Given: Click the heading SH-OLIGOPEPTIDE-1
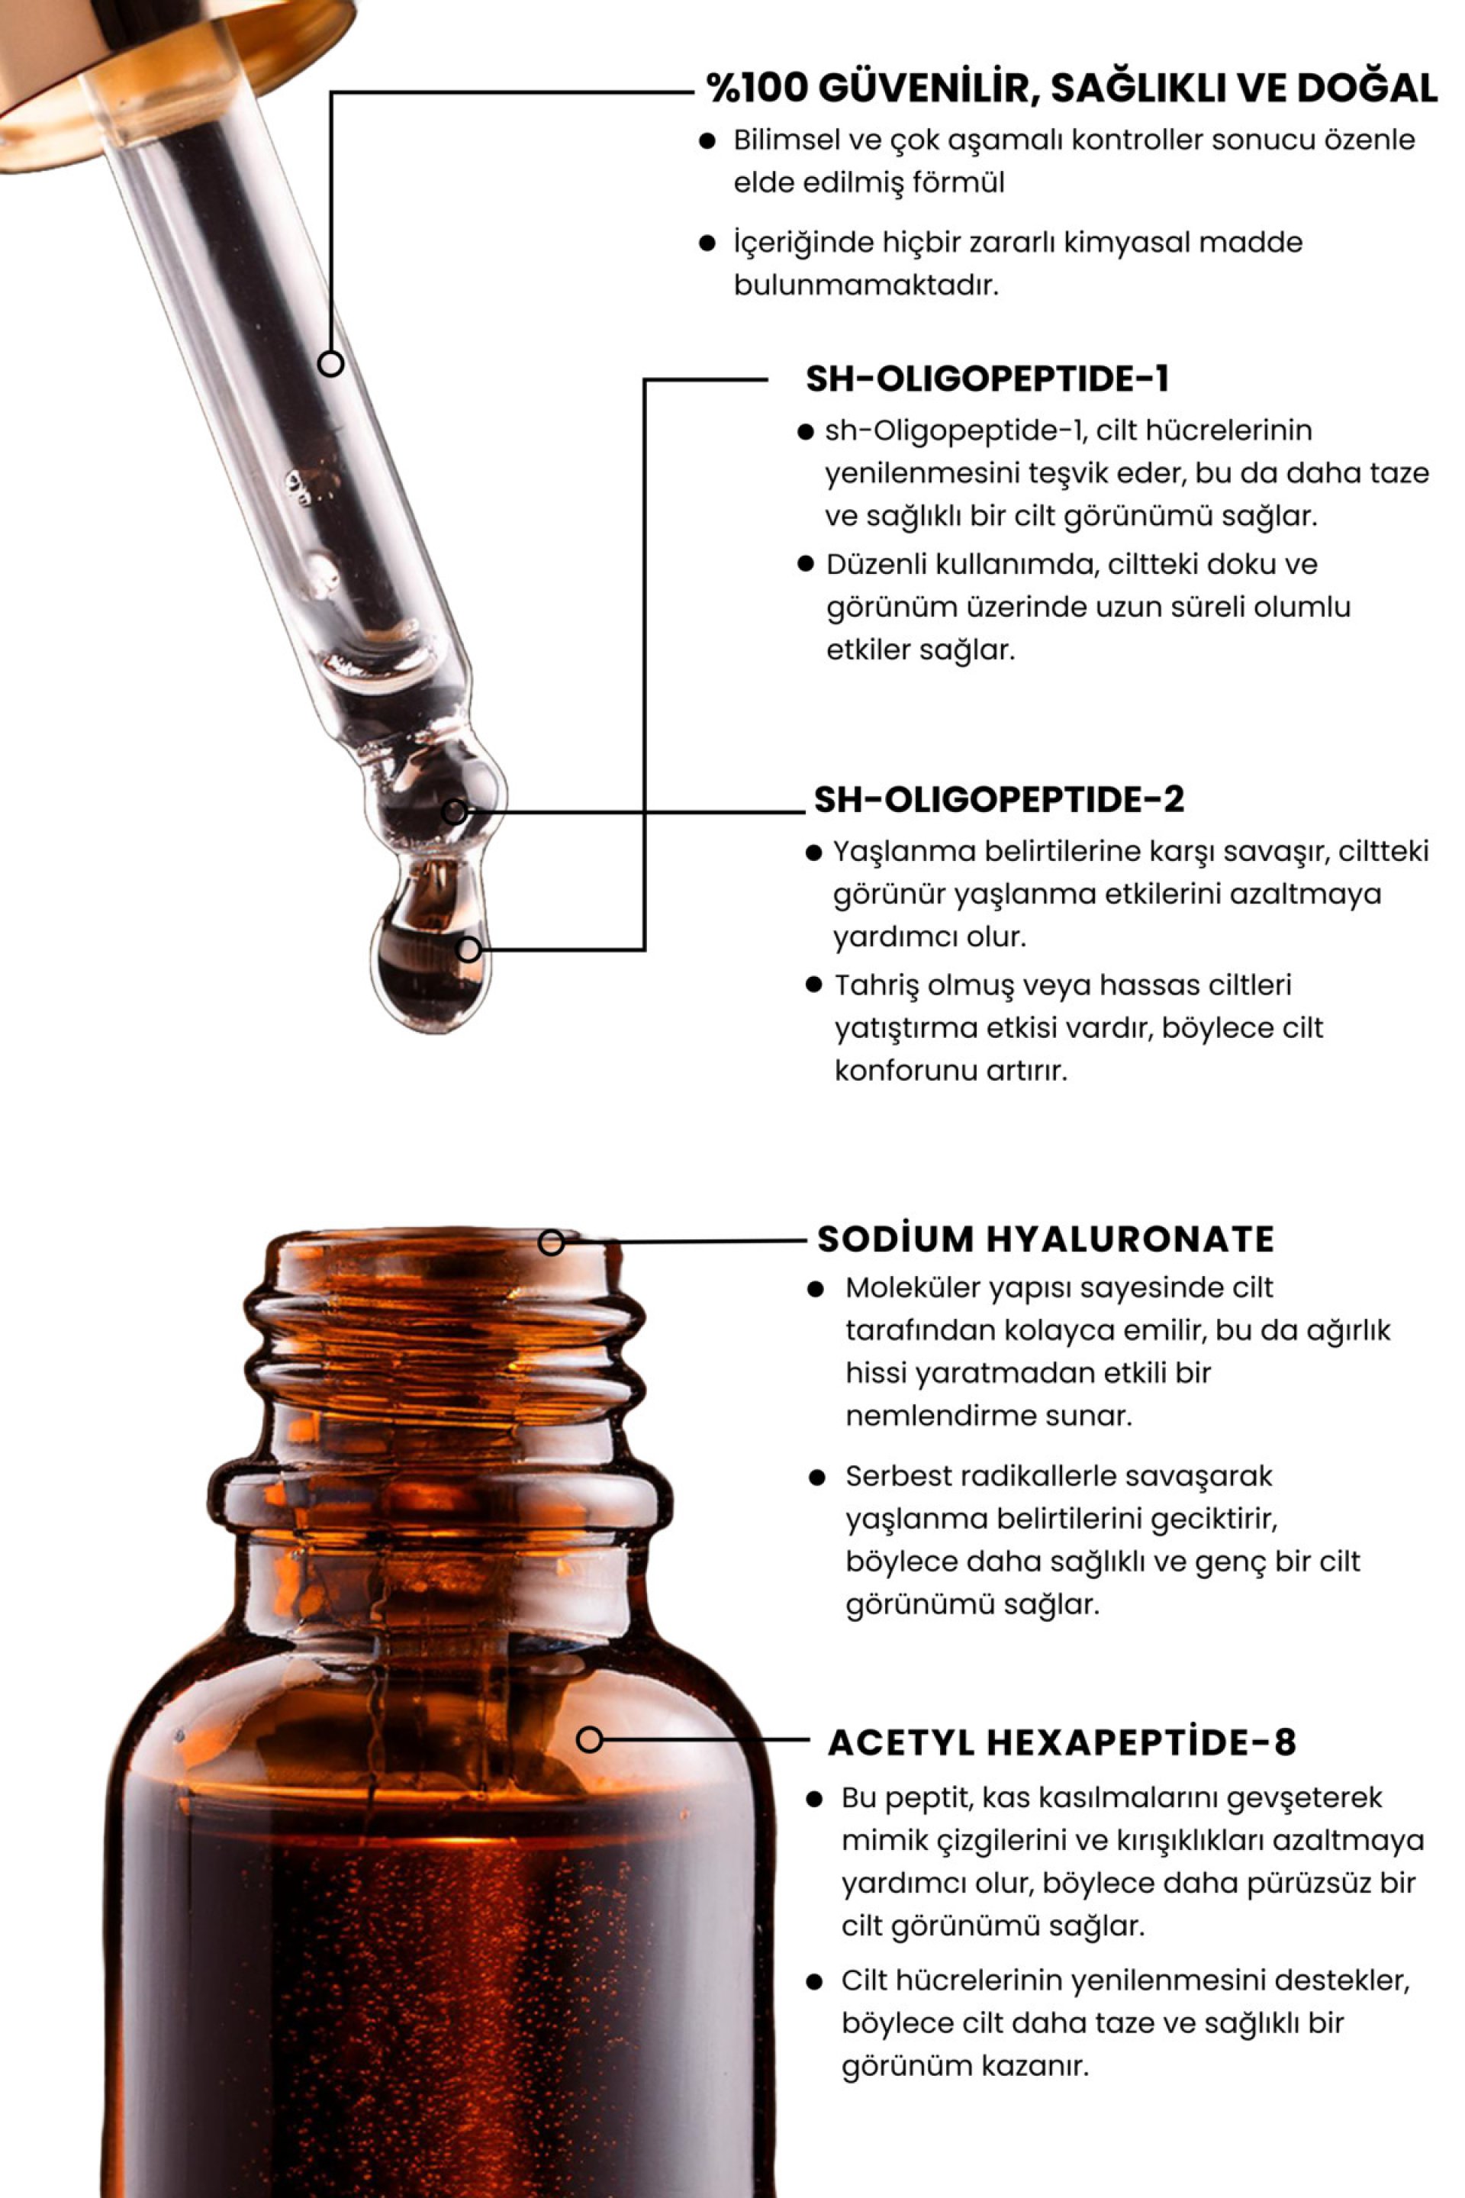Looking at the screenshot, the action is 987,379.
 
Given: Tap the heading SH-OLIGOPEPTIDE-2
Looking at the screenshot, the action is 999,799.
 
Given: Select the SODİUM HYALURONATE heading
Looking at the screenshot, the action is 1045,1239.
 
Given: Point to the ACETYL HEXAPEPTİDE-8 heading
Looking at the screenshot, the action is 1062,1743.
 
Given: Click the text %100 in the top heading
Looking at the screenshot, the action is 757,88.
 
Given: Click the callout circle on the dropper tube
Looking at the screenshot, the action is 330,363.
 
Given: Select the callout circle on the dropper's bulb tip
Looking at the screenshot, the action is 454,811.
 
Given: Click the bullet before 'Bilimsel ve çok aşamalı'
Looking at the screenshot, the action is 707,141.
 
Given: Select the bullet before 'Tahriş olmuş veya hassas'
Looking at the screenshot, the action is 814,984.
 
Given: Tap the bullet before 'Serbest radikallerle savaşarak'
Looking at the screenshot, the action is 817,1478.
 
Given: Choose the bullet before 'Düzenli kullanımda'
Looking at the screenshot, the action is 807,563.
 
